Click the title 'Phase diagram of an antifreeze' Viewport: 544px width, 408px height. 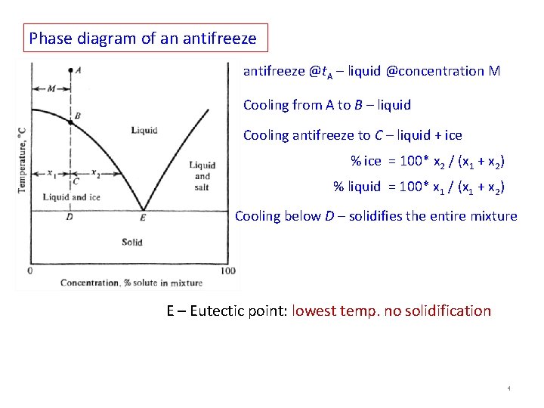tap(143, 37)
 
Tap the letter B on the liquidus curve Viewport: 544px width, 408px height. tap(77, 116)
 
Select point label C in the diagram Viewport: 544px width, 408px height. tap(76, 181)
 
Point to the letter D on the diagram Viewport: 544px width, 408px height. tap(70, 218)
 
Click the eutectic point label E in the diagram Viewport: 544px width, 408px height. tap(143, 218)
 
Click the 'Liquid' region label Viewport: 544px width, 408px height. tap(144, 131)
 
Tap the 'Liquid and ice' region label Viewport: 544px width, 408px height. tap(71, 197)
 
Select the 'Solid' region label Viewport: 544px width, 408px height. tap(131, 243)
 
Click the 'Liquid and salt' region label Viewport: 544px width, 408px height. tap(202, 176)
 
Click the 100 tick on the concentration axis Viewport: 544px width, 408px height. tap(227, 270)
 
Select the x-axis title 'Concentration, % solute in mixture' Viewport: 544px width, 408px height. tap(131, 283)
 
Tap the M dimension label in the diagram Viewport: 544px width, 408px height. tap(51, 88)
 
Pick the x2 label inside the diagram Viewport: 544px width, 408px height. tap(95, 173)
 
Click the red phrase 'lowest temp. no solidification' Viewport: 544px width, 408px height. tap(391, 311)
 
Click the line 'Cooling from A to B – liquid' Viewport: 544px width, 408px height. tap(327, 105)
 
